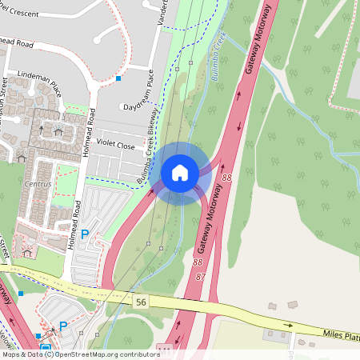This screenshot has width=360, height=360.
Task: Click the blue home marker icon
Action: click(x=180, y=172)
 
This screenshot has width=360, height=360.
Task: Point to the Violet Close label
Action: click(x=116, y=146)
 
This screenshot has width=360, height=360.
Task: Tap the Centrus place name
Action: click(x=38, y=184)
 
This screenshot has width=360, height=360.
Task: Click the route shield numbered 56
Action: click(x=141, y=301)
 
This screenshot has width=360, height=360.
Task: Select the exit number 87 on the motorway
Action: click(x=200, y=276)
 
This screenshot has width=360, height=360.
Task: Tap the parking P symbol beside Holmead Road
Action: click(x=85, y=237)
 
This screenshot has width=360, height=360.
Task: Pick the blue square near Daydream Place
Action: click(x=118, y=78)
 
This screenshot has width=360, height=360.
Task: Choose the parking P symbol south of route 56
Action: click(x=62, y=326)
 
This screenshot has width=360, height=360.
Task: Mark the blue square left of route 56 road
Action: click(x=21, y=294)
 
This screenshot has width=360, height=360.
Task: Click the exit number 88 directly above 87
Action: click(x=197, y=262)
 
